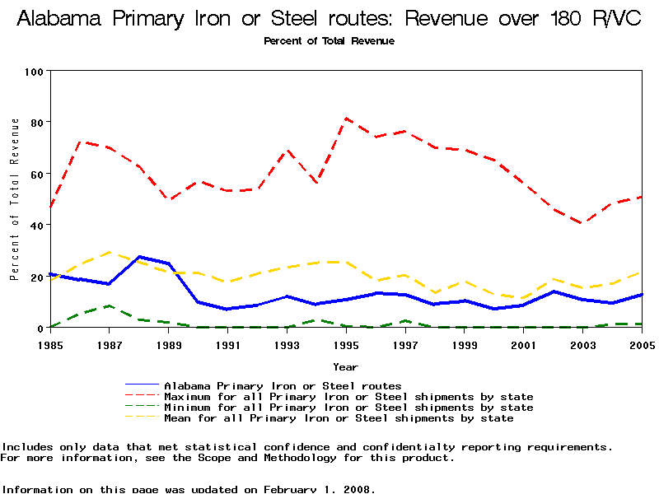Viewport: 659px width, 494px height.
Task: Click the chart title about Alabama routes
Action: point(329,19)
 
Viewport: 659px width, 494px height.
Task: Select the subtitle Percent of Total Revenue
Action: point(329,40)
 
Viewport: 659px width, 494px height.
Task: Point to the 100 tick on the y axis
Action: point(33,71)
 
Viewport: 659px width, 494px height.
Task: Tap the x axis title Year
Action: point(345,366)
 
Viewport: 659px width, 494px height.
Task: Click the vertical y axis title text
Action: point(14,198)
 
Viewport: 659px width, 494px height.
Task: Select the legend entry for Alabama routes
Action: point(283,385)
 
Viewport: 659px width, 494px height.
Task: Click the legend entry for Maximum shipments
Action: point(348,397)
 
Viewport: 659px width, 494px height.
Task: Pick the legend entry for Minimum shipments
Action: point(348,408)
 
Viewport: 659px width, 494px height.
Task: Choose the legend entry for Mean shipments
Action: point(339,418)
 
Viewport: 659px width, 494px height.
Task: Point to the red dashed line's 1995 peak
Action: point(346,118)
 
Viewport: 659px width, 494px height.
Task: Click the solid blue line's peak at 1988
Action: point(139,257)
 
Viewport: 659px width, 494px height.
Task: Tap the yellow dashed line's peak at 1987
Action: point(110,252)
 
